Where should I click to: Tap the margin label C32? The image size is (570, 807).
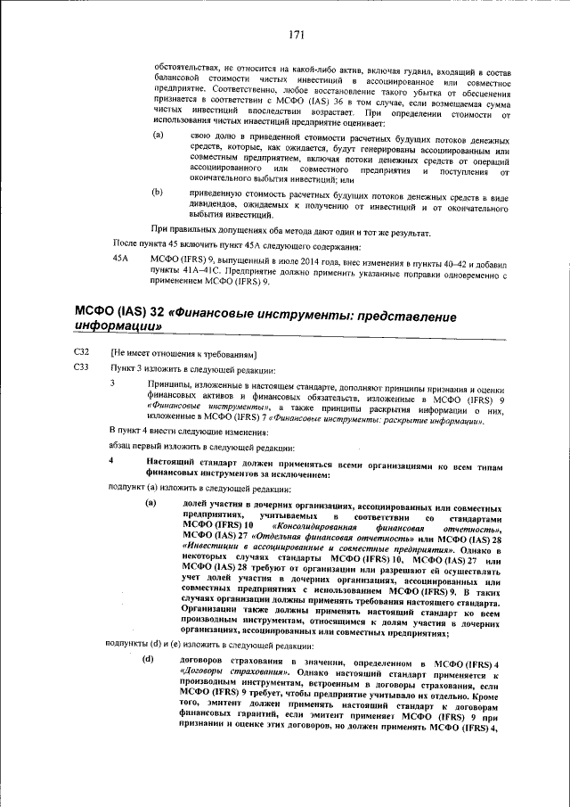click(82, 354)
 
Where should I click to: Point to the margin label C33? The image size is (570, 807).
click(82, 368)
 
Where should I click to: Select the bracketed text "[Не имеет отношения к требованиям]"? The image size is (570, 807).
click(178, 354)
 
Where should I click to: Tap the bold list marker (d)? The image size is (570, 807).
click(148, 660)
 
